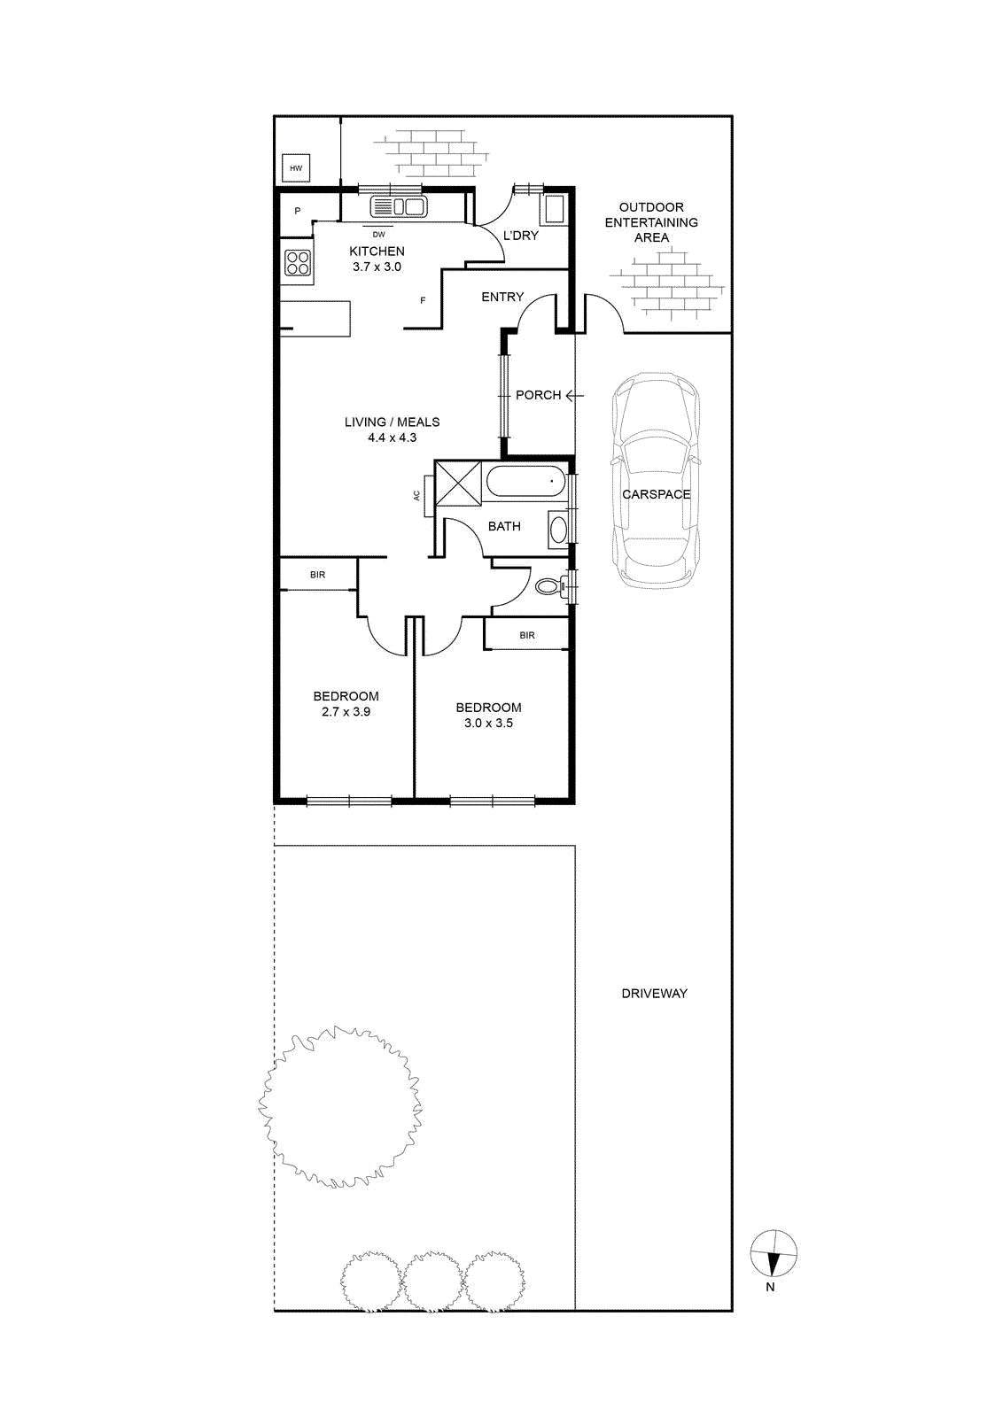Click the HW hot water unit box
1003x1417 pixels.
coord(296,168)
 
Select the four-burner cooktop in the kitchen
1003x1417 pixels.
coord(298,262)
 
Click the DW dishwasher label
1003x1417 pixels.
coord(378,235)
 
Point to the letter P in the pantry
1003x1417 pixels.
coord(298,212)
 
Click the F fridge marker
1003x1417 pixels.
coord(423,300)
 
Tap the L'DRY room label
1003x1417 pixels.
coord(520,236)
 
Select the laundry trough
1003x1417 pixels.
coord(555,209)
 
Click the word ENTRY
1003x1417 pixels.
coord(502,297)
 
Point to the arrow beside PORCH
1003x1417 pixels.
coord(574,396)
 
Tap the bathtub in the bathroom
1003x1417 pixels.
coord(525,483)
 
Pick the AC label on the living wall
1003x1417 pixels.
coord(417,496)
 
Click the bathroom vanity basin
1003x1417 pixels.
coord(557,528)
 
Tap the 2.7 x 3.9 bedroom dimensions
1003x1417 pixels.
coord(346,712)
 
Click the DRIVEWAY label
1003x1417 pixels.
coord(654,994)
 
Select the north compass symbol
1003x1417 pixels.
coord(774,1254)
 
